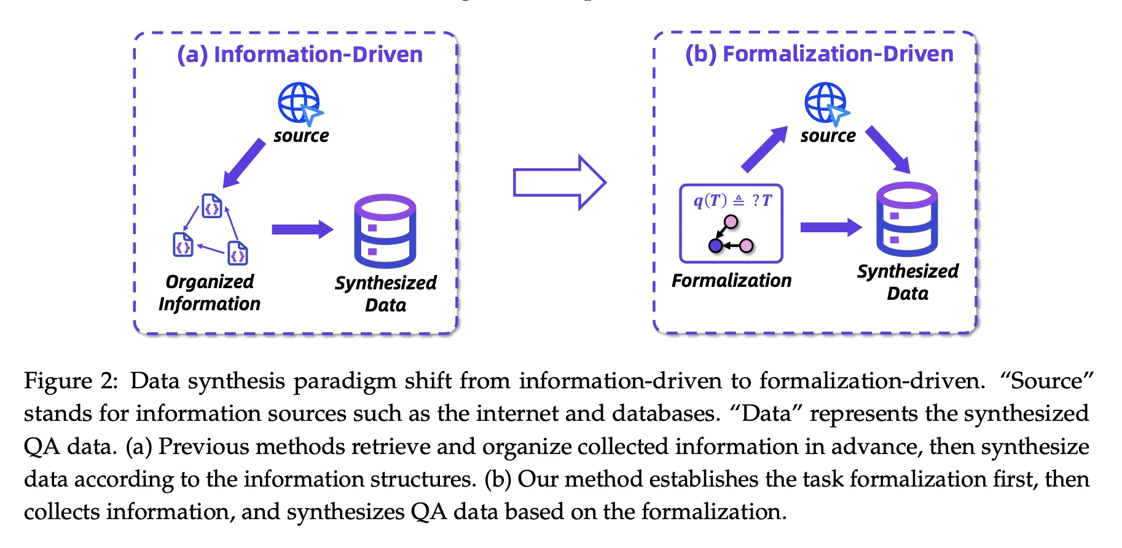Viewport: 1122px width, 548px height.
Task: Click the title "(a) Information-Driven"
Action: (300, 55)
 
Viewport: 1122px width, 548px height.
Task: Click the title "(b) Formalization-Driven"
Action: (819, 54)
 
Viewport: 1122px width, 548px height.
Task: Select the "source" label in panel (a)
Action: (301, 136)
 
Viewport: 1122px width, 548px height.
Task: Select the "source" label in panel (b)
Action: (828, 136)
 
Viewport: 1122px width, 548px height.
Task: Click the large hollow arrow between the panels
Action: (560, 182)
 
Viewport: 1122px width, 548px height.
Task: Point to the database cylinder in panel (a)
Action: (385, 231)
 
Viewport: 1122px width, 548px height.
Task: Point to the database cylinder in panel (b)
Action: (907, 219)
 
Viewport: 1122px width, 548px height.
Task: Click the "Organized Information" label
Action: (210, 292)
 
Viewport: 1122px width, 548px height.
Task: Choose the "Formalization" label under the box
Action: (731, 281)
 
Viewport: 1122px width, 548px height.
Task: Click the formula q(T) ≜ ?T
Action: (732, 200)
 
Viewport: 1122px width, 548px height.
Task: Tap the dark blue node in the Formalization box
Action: (715, 246)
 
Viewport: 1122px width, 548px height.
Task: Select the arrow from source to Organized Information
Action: (244, 163)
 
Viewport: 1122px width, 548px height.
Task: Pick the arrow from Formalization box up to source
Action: (764, 149)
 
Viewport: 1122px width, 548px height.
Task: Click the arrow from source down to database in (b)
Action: (888, 150)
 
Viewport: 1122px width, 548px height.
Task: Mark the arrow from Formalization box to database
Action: (831, 227)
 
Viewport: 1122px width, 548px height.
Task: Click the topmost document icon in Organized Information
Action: (212, 206)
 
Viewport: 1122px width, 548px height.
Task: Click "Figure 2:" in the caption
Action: (71, 382)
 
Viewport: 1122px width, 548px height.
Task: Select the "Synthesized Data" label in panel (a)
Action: (386, 294)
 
